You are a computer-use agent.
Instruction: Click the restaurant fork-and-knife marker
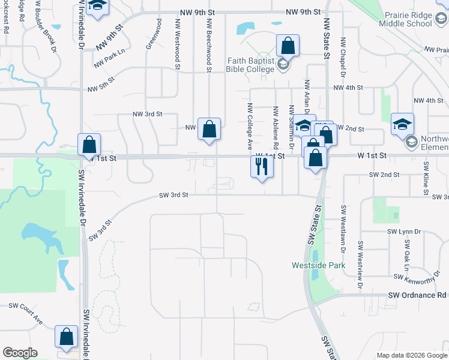(x=262, y=166)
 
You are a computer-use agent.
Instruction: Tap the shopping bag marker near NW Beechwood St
(x=209, y=129)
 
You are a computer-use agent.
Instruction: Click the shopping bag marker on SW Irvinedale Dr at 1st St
(x=89, y=145)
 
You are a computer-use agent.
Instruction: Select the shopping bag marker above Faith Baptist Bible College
(x=288, y=46)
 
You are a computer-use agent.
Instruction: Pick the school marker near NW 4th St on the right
(x=402, y=124)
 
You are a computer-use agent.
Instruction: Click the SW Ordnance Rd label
(x=417, y=295)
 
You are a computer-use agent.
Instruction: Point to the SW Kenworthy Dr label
(x=418, y=277)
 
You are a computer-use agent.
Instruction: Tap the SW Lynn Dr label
(x=405, y=231)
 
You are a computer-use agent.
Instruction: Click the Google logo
(x=20, y=353)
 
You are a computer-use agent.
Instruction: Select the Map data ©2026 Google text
(x=412, y=355)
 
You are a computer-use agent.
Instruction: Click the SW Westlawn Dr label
(x=343, y=223)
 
